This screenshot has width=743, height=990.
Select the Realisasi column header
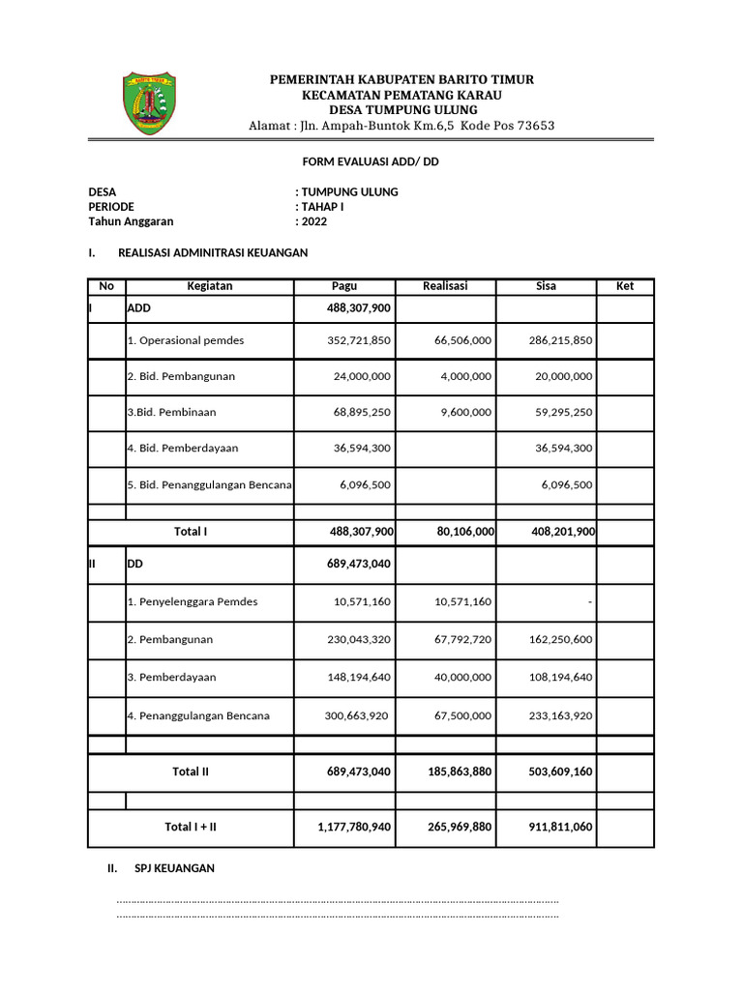click(445, 286)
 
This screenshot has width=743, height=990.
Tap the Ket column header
click(625, 286)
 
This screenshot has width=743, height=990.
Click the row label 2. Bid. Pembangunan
click(181, 376)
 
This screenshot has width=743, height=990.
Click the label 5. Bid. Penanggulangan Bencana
click(209, 485)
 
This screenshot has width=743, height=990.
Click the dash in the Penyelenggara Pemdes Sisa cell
click(589, 602)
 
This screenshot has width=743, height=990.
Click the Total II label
click(191, 772)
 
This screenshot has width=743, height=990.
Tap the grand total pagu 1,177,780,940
click(354, 828)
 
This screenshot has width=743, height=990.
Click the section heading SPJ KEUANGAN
click(174, 869)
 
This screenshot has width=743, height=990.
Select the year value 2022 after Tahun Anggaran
click(313, 221)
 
